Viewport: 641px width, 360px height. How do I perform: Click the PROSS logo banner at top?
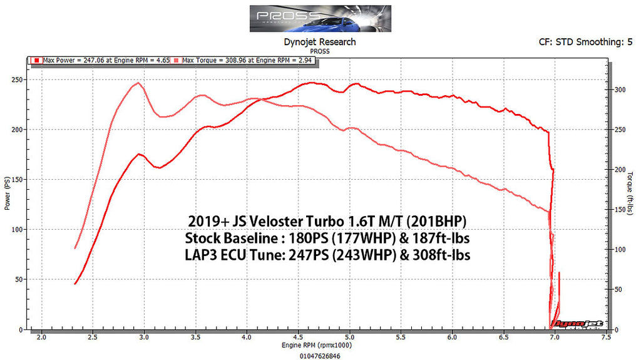coord(320,19)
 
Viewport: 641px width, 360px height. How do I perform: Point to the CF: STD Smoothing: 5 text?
coord(581,42)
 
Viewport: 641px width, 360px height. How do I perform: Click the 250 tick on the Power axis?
coord(18,80)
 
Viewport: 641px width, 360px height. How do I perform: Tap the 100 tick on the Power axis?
coord(18,230)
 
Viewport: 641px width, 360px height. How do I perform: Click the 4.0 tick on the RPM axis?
coord(247,337)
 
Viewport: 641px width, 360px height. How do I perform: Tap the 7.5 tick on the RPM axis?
coord(605,337)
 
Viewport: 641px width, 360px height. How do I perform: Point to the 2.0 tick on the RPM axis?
coord(41,337)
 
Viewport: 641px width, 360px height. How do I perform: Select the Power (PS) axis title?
coord(8,195)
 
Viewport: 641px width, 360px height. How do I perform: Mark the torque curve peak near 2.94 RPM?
coord(138,83)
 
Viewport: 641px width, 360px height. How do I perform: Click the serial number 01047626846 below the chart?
coord(320,354)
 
